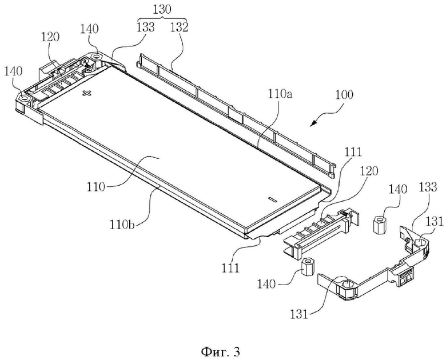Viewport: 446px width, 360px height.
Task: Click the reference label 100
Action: pos(344,95)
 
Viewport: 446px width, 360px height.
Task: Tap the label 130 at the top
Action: pos(162,10)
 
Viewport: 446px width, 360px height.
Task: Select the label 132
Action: pos(179,27)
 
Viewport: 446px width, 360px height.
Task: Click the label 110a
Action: pos(280,94)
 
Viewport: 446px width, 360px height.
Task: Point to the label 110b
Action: pos(122,225)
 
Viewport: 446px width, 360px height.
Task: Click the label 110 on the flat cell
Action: pos(96,187)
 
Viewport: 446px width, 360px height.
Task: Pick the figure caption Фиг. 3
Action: pos(221,352)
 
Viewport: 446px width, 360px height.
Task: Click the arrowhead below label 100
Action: pos(314,123)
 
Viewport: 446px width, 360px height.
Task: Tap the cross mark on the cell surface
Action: pos(86,93)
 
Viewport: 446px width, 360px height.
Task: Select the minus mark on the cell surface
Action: pos(272,199)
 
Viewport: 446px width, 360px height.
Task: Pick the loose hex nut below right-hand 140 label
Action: pos(379,225)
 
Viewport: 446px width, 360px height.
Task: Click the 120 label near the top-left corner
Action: pos(50,37)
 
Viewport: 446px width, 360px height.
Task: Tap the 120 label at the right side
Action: pos(369,171)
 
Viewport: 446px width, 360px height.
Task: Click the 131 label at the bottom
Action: pos(299,315)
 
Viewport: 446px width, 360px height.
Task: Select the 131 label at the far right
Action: pos(435,222)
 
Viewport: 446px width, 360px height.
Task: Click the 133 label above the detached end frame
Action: pos(427,187)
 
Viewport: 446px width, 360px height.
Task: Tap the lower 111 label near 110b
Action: pos(230,267)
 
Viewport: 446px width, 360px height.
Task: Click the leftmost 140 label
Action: pos(13,71)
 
